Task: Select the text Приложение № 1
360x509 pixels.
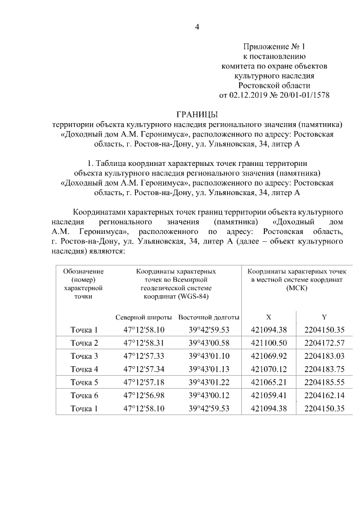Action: pyautogui.click(x=274, y=46)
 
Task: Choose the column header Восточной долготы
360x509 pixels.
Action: pyautogui.click(x=209, y=317)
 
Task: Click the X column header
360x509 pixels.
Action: pyautogui.click(x=268, y=317)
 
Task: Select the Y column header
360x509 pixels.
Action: pyautogui.click(x=323, y=317)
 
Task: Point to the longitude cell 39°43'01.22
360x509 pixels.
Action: pyautogui.click(x=209, y=382)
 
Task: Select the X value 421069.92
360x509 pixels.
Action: pyautogui.click(x=268, y=356)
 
